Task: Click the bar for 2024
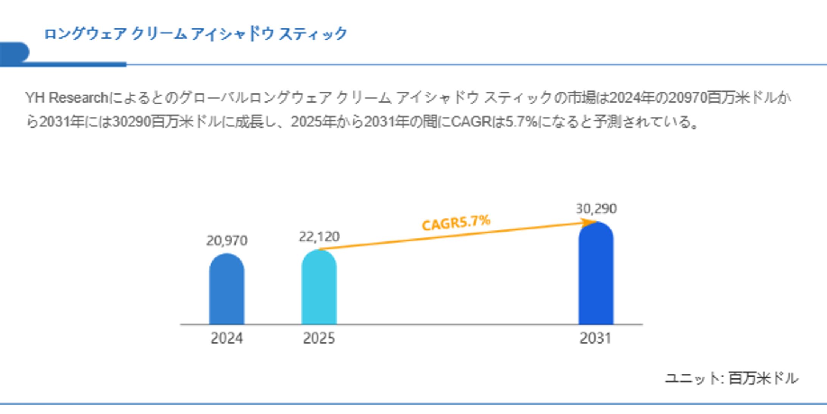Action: point(226,289)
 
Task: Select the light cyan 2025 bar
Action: point(319,288)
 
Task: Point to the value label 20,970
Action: point(226,241)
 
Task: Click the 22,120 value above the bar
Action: point(319,237)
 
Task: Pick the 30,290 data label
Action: point(596,209)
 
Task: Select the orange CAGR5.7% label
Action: point(456,223)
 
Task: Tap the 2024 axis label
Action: point(226,338)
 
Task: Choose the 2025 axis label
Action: point(319,338)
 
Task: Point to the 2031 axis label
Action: point(595,338)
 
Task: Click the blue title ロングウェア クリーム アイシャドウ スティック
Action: point(196,34)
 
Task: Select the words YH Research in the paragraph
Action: point(67,98)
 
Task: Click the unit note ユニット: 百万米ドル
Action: point(731,378)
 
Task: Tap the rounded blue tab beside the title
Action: point(14,52)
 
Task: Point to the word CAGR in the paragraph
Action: point(471,122)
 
